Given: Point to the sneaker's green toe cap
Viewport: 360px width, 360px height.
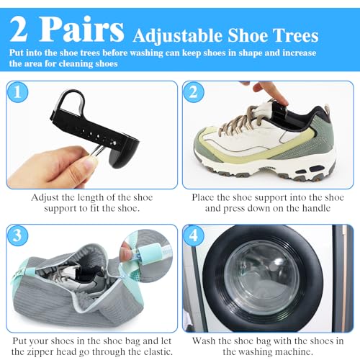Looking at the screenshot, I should point(216,148).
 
